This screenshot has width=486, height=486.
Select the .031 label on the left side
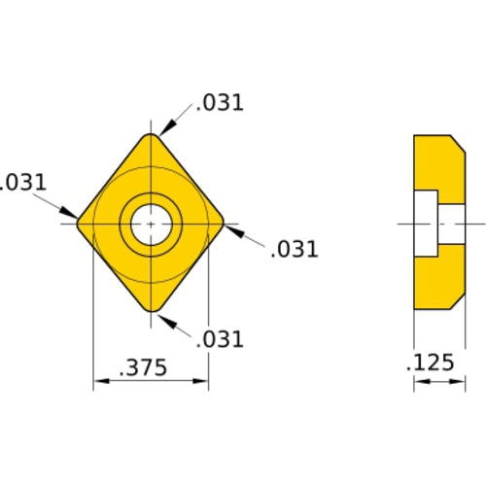point(21,182)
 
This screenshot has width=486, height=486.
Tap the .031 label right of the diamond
point(294,249)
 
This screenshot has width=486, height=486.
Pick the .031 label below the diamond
point(219,339)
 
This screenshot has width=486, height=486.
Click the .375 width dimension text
point(142,367)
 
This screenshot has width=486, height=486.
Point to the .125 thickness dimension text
point(430,364)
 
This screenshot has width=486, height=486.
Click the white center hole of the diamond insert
point(151,224)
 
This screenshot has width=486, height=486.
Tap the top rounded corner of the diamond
point(151,137)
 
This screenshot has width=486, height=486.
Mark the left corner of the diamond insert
point(80,224)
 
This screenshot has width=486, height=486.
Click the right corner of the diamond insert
point(223,224)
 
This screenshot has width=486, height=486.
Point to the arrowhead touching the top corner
point(165,129)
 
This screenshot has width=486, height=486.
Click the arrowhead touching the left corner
point(70,214)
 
